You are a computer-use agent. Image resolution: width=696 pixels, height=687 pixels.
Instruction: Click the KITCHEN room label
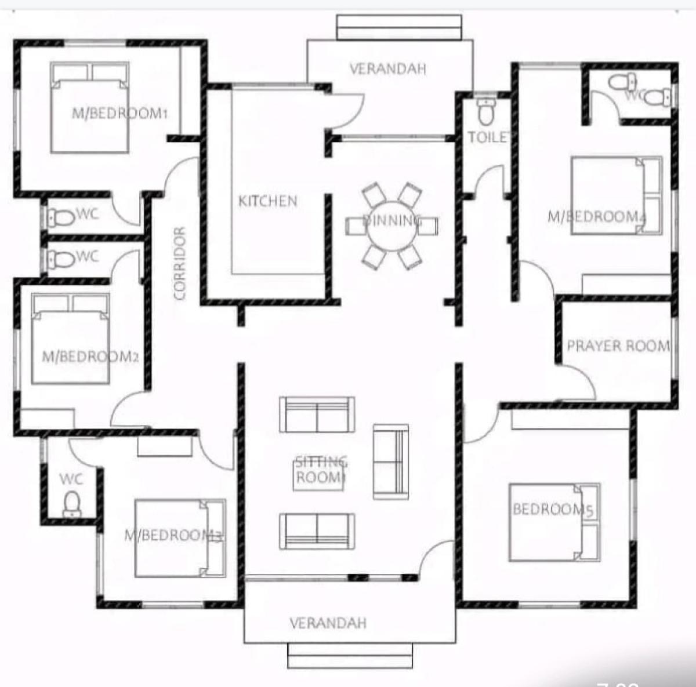coord(268,201)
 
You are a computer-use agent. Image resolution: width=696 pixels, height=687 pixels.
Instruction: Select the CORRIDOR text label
coord(179,263)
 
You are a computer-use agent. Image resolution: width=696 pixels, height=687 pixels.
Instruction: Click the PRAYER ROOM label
coord(618,346)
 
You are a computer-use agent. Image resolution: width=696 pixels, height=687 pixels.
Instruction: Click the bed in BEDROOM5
coord(554,522)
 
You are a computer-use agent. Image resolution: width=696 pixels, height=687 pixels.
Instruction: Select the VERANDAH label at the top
coord(387,69)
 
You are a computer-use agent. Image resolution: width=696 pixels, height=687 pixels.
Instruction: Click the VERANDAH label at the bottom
coord(328,623)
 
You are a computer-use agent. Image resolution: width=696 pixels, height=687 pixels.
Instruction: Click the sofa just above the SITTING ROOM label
coord(317,415)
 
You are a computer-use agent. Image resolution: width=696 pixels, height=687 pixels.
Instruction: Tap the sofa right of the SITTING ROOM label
coord(390,461)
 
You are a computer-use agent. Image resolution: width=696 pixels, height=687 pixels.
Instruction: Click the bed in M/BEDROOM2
coord(70,339)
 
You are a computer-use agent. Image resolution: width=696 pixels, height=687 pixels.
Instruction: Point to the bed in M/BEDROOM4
coord(616,196)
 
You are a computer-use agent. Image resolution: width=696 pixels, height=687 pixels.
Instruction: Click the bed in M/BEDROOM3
coord(180,538)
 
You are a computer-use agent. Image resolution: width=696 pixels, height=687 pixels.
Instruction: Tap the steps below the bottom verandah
coord(350,656)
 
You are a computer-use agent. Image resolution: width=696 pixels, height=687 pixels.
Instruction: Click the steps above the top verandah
coord(400,27)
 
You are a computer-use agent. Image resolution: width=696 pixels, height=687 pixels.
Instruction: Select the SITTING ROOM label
coord(320,470)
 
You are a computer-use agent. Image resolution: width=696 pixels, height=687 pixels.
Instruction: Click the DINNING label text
coord(391,220)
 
